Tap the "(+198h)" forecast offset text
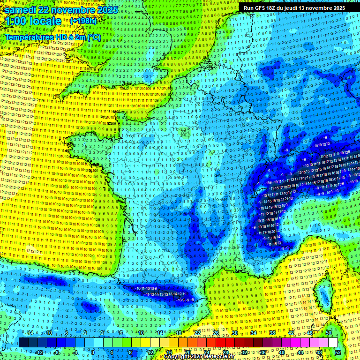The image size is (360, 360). click(x=83, y=21)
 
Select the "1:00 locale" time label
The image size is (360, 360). click(x=33, y=21)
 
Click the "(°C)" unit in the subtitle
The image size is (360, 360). click(x=93, y=37)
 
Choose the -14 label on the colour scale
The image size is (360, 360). click(x=29, y=333)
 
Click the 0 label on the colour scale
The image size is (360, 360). click(x=93, y=352)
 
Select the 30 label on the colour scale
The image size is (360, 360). click(x=234, y=333)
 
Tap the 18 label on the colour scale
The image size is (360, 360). click(x=178, y=333)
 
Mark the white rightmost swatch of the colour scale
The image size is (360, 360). click(x=333, y=343)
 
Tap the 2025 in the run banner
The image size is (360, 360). click(x=337, y=8)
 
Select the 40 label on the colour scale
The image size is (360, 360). click(x=282, y=352)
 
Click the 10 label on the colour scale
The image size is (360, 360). click(x=141, y=333)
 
